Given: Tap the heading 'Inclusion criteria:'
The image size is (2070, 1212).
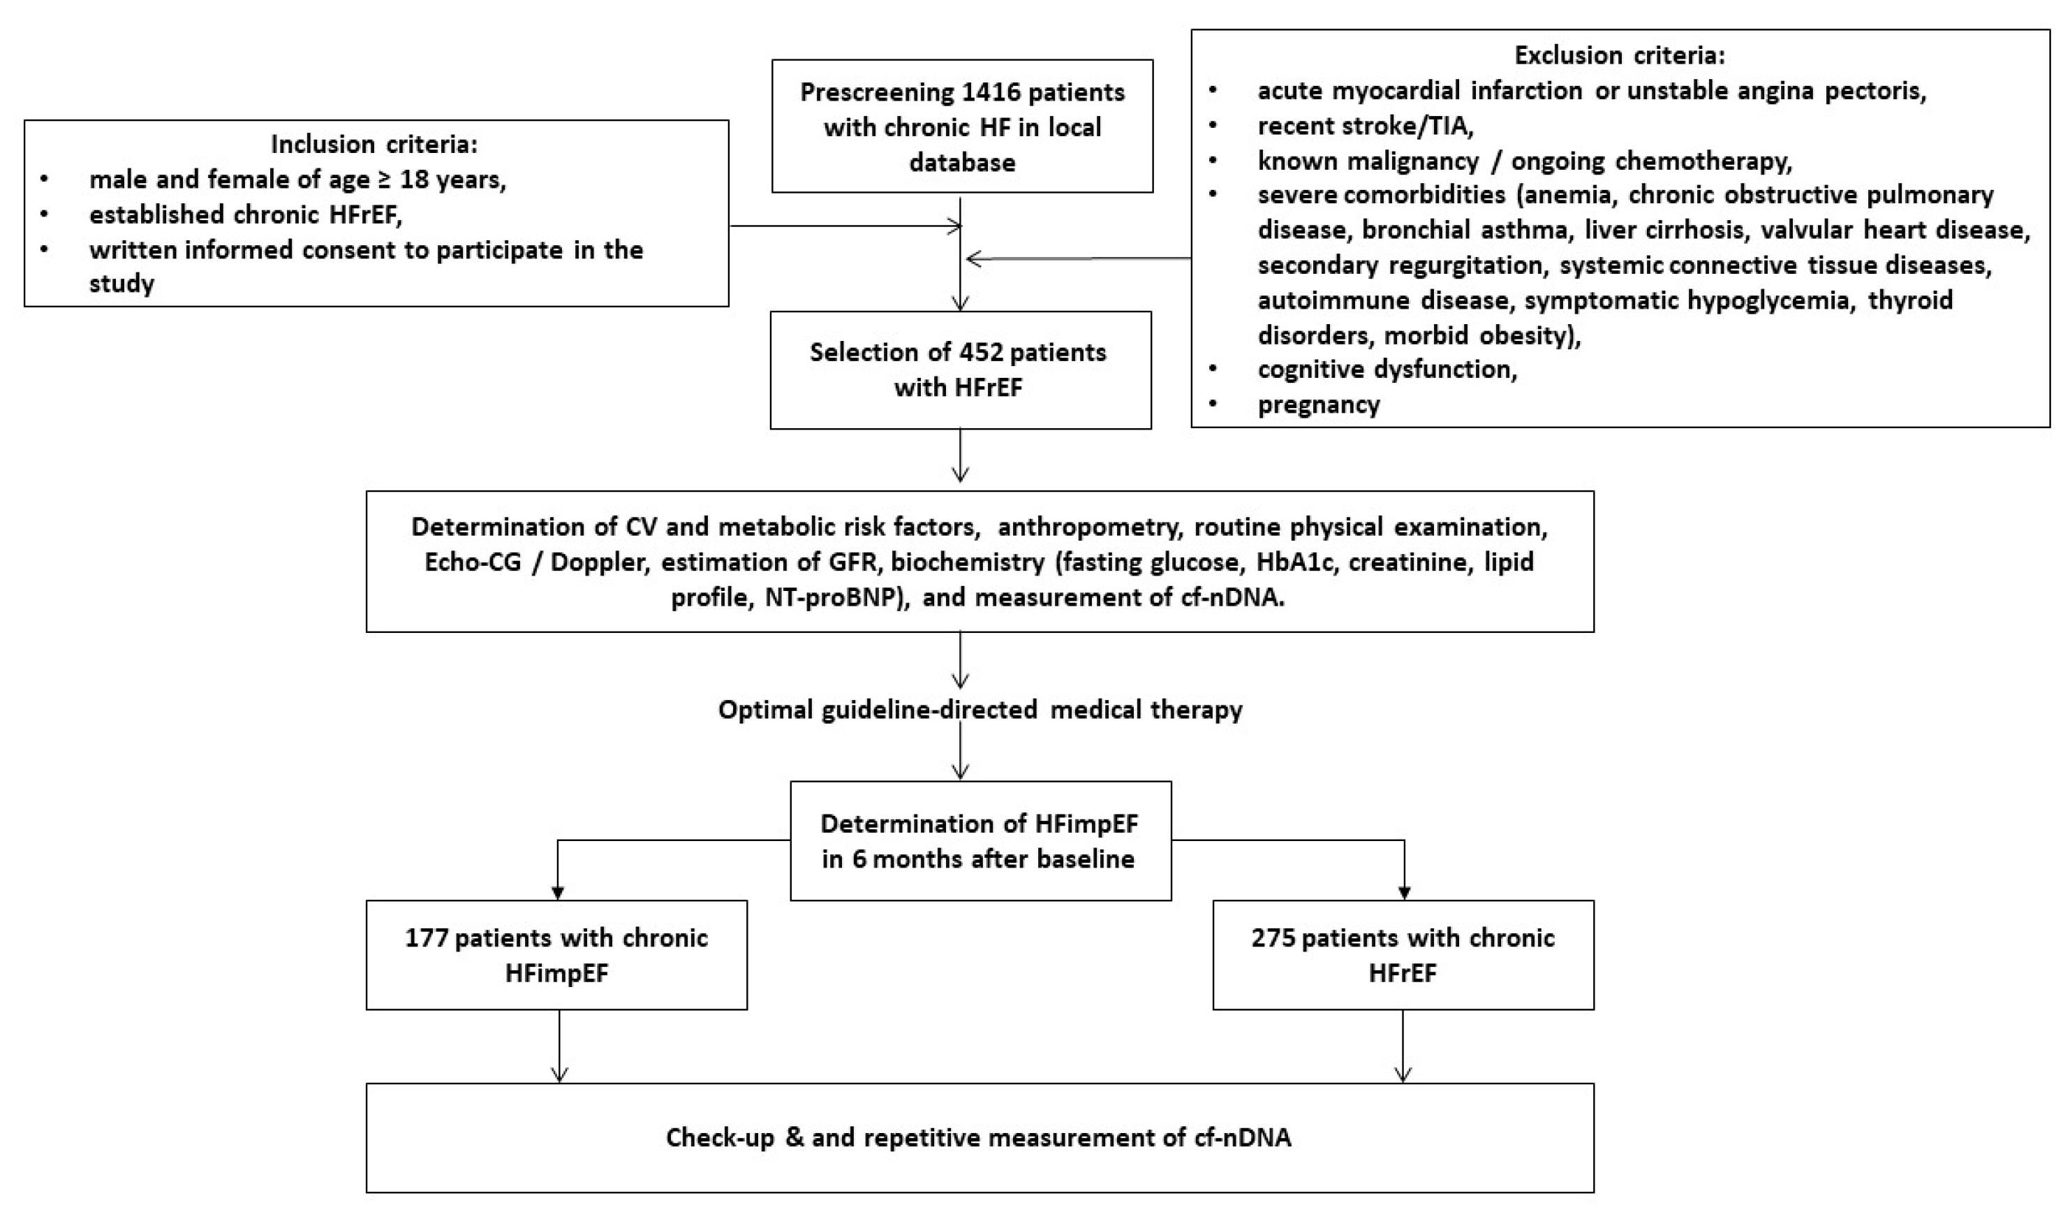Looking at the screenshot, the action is pyautogui.click(x=375, y=145).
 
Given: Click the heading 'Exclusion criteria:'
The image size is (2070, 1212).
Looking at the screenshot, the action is pyautogui.click(x=1620, y=56).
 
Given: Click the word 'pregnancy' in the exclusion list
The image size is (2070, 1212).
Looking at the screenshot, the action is pyautogui.click(x=1318, y=405).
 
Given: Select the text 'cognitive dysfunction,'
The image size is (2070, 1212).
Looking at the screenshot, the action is pyautogui.click(x=1387, y=370).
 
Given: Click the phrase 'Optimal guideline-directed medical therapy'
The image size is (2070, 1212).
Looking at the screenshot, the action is pyautogui.click(x=980, y=709).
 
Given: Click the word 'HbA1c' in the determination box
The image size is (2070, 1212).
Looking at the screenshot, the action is pyautogui.click(x=1293, y=562).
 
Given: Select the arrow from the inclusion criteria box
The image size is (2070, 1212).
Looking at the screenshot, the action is pyautogui.click(x=846, y=226).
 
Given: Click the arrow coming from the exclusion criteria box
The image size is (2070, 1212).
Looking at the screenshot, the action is pyautogui.click(x=1076, y=260).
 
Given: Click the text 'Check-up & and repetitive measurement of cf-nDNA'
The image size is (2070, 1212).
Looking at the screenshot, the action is pyautogui.click(x=978, y=1138).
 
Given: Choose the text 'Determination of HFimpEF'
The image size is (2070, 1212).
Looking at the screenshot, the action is pyautogui.click(x=979, y=824).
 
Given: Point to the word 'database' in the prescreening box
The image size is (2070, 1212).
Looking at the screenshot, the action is pyautogui.click(x=962, y=163).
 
